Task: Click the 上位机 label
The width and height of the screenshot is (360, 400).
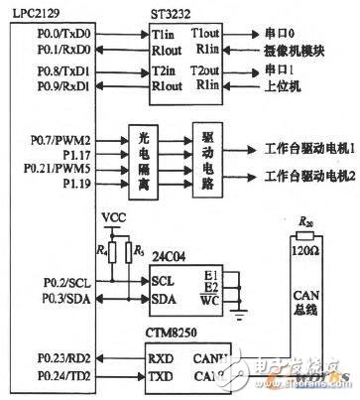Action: point(269,88)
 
